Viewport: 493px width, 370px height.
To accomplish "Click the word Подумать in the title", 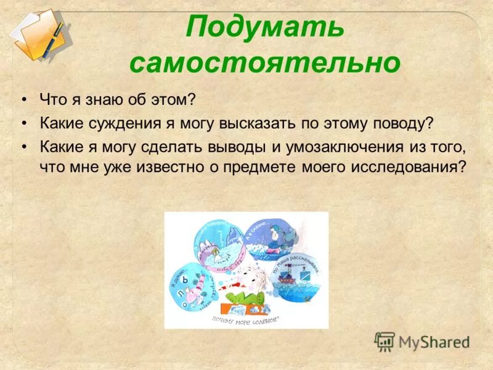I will pos(264,28).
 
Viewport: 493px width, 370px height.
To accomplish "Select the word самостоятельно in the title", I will pos(264,63).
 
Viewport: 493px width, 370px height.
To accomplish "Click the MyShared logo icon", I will pos(385,342).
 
